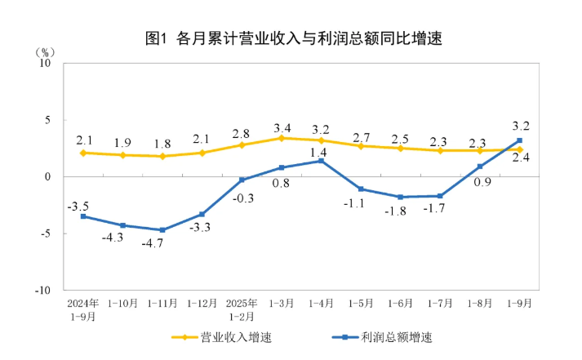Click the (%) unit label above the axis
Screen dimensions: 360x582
pos(47,51)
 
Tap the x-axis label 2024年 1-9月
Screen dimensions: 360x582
pos(82,309)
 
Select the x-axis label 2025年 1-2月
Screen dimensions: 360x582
pos(242,309)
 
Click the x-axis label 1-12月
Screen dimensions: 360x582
pos(202,303)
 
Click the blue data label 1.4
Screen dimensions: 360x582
pos(320,151)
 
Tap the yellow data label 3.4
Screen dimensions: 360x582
pos(282,128)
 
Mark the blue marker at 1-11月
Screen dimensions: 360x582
pos(162,230)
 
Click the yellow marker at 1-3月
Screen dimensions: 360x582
pos(282,138)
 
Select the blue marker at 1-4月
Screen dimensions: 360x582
pos(321,161)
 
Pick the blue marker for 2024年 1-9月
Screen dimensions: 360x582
pos(83,216)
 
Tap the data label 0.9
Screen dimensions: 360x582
pos(482,182)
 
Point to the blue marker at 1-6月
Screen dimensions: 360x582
pos(400,197)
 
